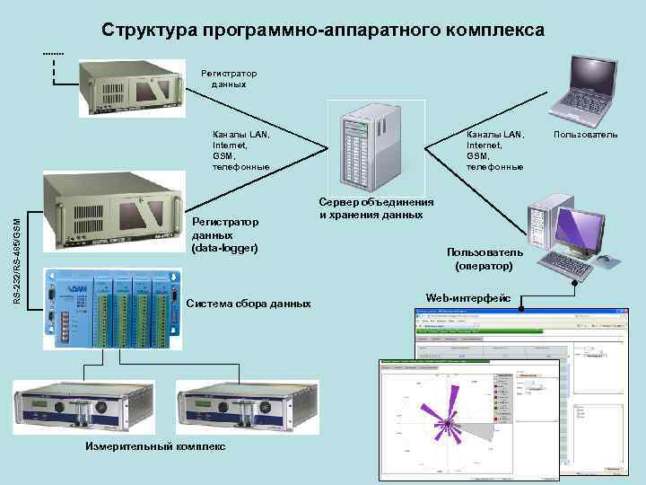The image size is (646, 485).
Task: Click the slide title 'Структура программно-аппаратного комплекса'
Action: [322, 31]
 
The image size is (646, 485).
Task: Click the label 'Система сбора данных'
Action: [249, 304]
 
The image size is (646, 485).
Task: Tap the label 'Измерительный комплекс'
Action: [156, 446]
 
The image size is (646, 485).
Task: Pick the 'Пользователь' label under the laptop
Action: [586, 135]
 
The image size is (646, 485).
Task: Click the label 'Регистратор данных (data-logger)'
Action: [225, 234]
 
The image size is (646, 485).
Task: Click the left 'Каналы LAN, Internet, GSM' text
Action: [240, 150]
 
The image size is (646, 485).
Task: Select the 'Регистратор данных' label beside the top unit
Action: [229, 78]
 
